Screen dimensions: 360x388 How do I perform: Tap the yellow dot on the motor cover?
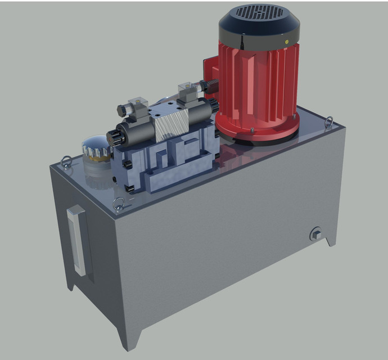tap(287, 41)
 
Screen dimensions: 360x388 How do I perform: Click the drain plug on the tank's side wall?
tap(316, 233)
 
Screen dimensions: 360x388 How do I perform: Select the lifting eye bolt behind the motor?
tap(329, 120)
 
